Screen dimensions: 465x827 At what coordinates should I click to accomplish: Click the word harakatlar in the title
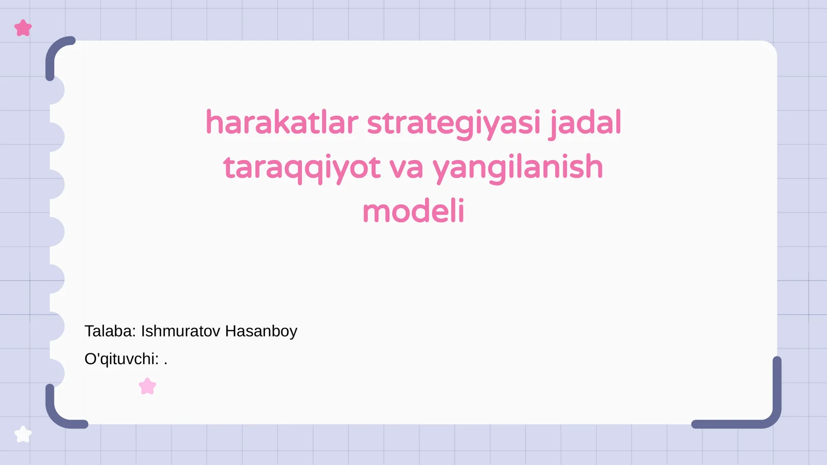[x=282, y=123]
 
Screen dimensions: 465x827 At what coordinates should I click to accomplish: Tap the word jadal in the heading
[x=586, y=123]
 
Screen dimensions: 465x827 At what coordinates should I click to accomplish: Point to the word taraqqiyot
[x=302, y=168]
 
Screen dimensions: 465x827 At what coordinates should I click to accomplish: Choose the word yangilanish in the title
[x=517, y=168]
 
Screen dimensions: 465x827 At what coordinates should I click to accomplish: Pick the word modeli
[x=413, y=212]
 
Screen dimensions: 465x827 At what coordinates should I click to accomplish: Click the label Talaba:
[x=110, y=331]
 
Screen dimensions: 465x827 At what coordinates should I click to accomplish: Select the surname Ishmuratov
[x=180, y=331]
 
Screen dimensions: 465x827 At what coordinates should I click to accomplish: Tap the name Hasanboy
[x=261, y=331]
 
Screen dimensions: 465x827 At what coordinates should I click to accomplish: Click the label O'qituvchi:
[x=121, y=359]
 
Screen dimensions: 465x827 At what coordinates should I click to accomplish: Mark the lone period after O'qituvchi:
[x=165, y=364]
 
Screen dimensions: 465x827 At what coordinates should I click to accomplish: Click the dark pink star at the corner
[x=23, y=28]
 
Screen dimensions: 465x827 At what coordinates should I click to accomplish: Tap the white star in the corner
[x=23, y=435]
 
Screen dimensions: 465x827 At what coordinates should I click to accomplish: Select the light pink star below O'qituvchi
[x=148, y=386]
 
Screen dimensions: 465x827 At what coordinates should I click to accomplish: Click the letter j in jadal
[x=553, y=124]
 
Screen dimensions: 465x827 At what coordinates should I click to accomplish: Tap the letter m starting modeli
[x=375, y=213]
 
